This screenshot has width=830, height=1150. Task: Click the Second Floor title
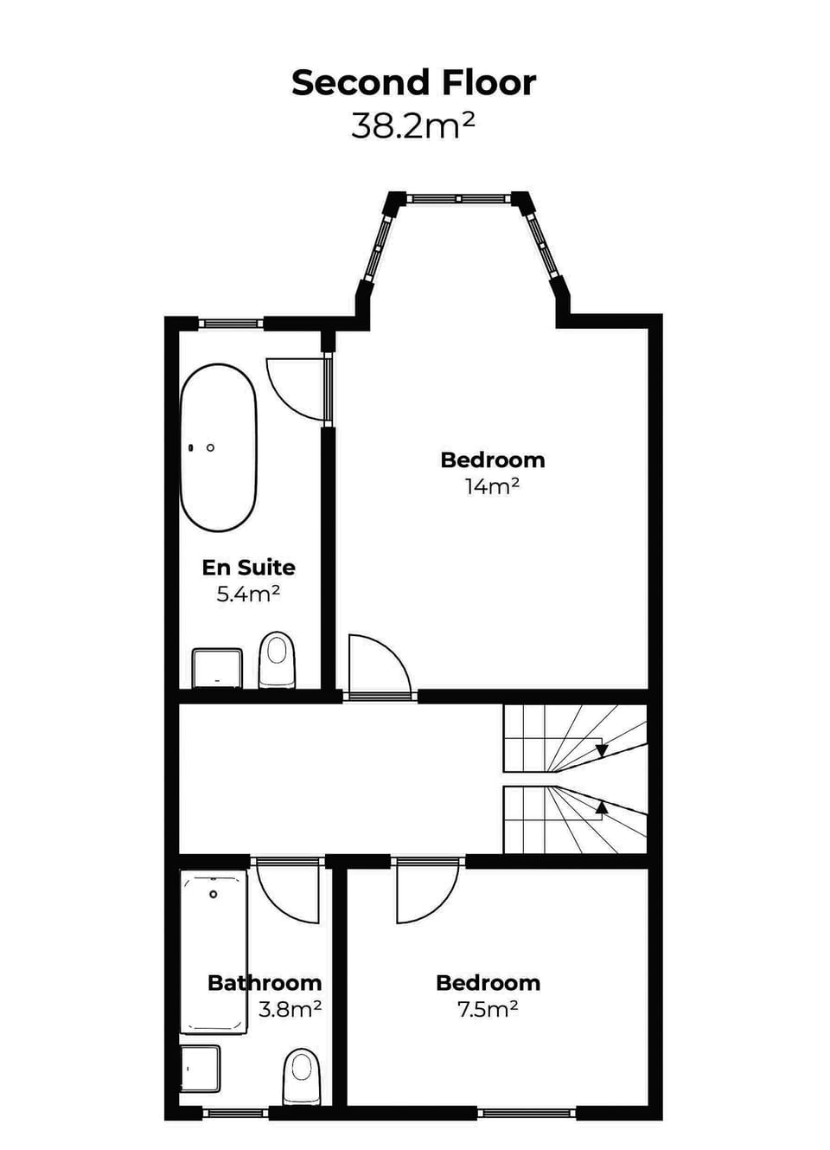tap(413, 83)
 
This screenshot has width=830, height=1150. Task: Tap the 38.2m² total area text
tap(413, 126)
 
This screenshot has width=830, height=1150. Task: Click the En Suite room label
tap(248, 568)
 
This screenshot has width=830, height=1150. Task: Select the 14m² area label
tap(492, 487)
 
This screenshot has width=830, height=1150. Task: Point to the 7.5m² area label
tap(488, 1009)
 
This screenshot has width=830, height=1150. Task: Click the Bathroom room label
tap(265, 983)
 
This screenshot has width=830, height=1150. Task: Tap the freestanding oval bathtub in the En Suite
tap(218, 447)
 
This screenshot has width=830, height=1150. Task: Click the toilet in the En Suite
tap(278, 659)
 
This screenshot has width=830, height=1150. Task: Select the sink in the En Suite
tap(216, 668)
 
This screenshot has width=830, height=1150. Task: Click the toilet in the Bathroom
tap(302, 1076)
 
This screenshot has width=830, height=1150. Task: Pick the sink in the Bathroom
tap(201, 1069)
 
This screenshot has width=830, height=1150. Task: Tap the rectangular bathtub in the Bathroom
tap(213, 952)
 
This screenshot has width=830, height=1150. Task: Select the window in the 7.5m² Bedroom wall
tap(527, 1112)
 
